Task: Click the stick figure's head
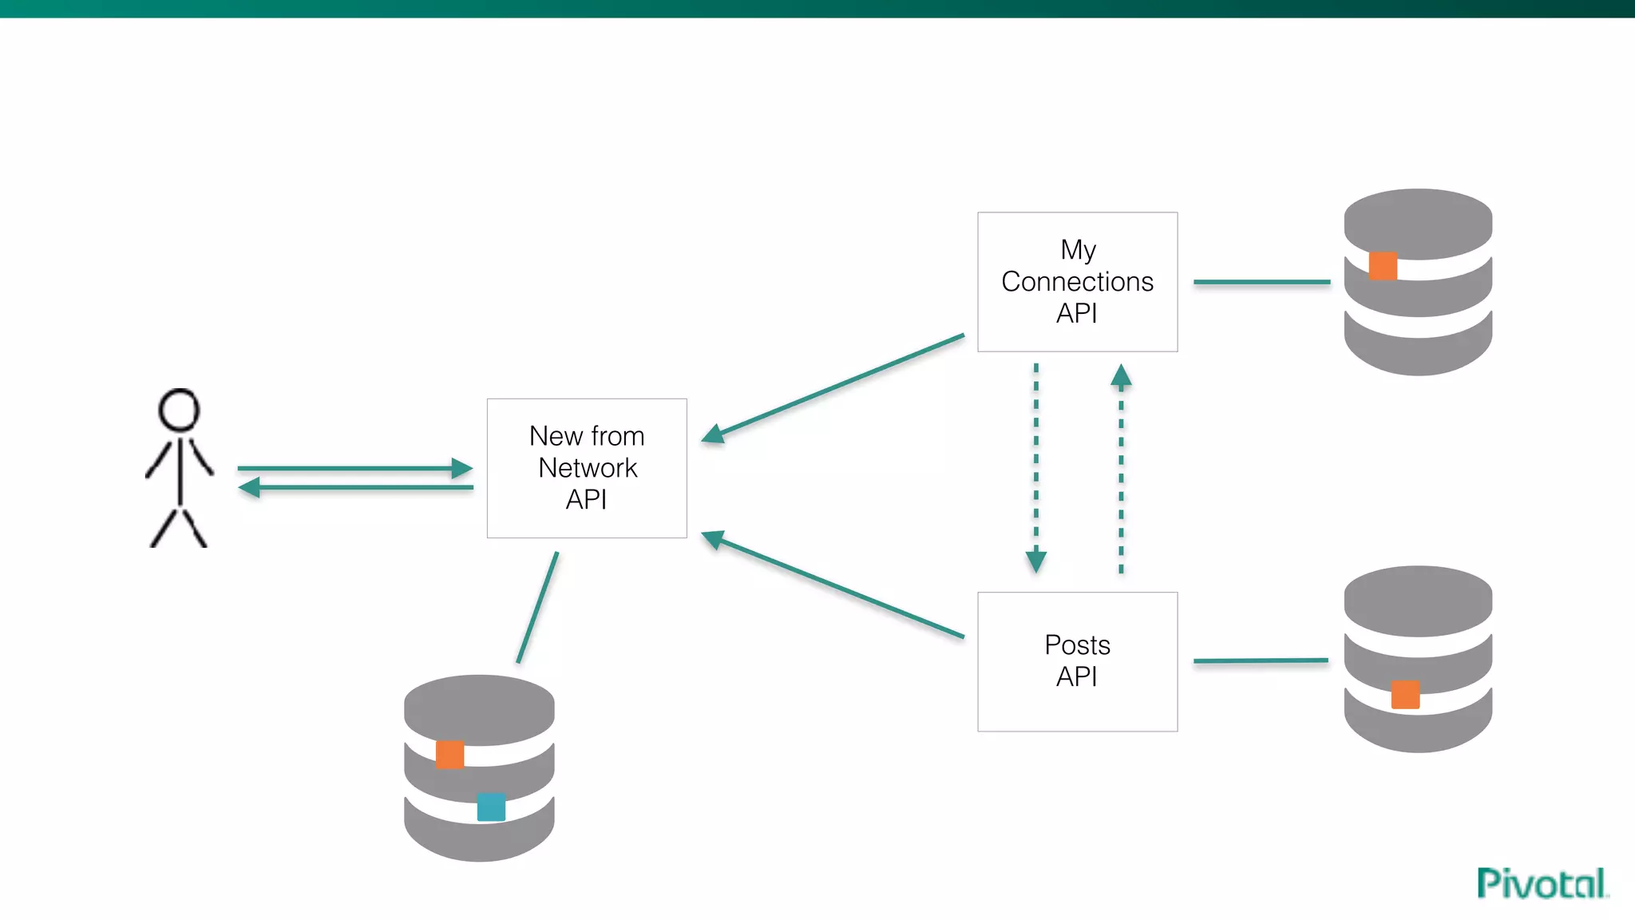point(179,410)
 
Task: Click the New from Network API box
point(587,468)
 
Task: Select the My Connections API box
point(1077,281)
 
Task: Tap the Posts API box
point(1077,661)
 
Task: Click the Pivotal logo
point(1542,883)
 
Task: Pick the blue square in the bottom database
point(491,807)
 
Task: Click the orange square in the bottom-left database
point(450,755)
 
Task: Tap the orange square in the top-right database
point(1383,266)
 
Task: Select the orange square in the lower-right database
point(1405,694)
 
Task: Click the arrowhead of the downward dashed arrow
point(1036,561)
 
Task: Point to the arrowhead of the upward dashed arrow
point(1121,376)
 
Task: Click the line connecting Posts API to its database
point(1261,660)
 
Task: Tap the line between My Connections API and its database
point(1261,282)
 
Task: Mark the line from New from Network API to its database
point(537,608)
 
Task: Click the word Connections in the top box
point(1077,282)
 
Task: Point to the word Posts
point(1077,644)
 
